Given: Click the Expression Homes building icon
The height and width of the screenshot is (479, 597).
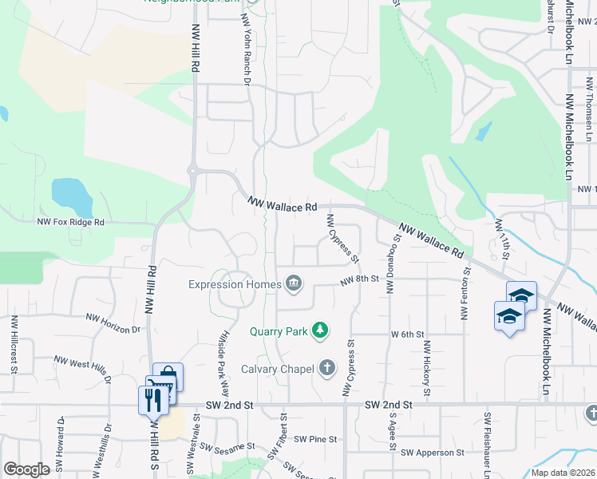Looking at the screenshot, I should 293,283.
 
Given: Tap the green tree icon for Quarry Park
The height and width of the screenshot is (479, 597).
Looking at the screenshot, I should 320,330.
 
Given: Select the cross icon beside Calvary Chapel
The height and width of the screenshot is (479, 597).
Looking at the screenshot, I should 326,368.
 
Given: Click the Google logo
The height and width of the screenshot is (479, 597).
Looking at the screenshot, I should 26,469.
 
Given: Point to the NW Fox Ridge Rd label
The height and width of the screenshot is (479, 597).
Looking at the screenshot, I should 70,223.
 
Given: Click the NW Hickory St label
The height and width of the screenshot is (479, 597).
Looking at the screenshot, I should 427,369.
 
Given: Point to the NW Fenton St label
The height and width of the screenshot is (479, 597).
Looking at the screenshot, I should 464,295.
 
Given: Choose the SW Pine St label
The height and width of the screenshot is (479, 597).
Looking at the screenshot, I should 315,439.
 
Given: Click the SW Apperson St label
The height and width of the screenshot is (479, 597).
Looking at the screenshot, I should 432,453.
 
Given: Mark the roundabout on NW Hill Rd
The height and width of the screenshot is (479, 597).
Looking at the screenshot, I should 192,168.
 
